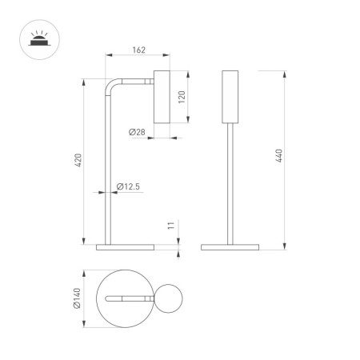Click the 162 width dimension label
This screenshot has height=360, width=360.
pos(138,51)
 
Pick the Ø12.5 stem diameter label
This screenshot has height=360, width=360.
pos(128,187)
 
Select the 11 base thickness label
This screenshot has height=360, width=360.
pos(170,226)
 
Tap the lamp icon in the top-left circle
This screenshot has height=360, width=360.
pos(36,38)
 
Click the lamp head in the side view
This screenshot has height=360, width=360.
pos(161,98)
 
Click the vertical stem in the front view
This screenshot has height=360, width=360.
pos(230,184)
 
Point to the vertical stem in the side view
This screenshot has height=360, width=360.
pos(107,176)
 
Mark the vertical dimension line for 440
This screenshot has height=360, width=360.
pos(286,160)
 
